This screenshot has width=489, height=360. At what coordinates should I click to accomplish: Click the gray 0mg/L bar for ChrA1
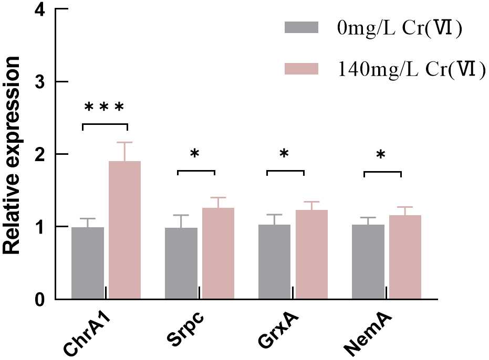(x=88, y=263)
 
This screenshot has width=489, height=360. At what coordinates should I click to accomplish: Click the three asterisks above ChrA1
(x=105, y=108)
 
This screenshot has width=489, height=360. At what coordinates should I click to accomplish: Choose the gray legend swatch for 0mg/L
(x=301, y=27)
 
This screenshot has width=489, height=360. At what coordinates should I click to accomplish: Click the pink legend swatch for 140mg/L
(x=301, y=69)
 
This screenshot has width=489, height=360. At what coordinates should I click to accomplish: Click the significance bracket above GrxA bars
(x=285, y=171)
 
